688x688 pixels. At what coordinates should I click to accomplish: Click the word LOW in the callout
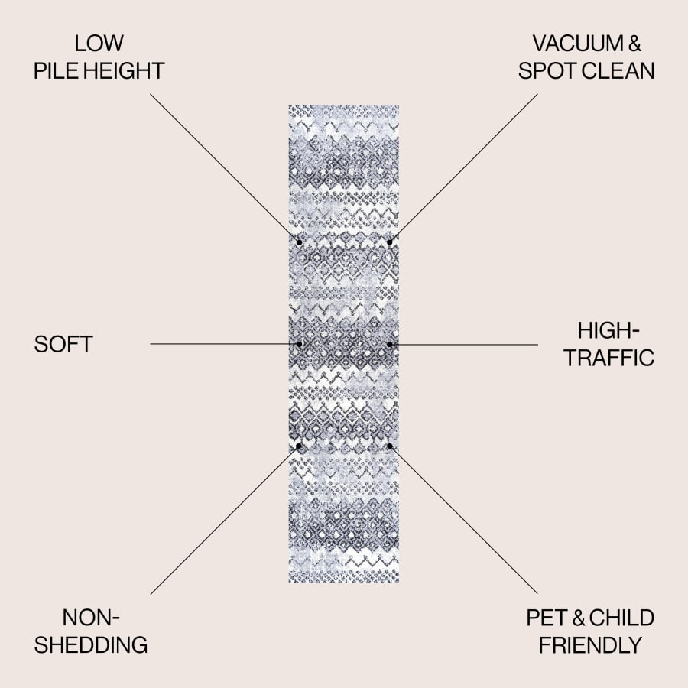(x=99, y=44)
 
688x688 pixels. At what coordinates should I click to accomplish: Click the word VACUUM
(x=577, y=44)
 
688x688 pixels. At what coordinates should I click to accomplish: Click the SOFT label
(x=63, y=344)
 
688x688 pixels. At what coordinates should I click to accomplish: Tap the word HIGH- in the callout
(x=608, y=330)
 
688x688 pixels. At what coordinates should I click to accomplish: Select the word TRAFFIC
(x=609, y=358)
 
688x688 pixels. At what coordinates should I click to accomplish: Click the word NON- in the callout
(x=91, y=618)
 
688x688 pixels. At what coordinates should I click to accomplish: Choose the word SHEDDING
(x=91, y=645)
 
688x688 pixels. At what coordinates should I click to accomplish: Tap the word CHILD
(x=621, y=618)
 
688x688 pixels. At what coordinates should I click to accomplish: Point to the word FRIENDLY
(x=590, y=645)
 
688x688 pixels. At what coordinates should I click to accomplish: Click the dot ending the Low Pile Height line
(x=299, y=242)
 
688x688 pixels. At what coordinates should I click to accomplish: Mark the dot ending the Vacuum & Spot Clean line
(x=390, y=242)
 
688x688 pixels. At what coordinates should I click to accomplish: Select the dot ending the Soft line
(x=299, y=344)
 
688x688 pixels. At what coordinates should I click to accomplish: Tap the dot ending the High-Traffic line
(x=390, y=345)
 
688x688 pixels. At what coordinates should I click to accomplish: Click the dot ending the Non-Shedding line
(x=299, y=446)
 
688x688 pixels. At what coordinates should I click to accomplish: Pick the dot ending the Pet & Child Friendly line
(x=390, y=446)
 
